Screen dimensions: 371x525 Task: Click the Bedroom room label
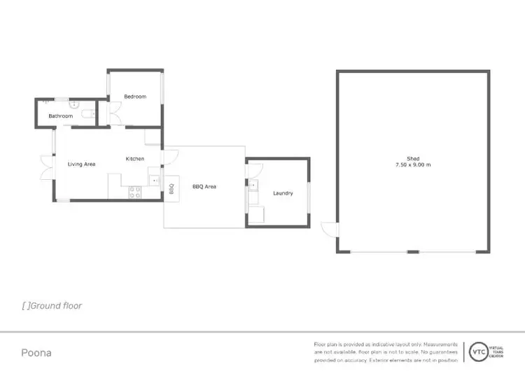(x=135, y=97)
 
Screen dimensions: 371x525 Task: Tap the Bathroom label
(x=60, y=116)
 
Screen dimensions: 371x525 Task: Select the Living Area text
(x=81, y=164)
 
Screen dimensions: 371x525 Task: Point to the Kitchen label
(x=135, y=159)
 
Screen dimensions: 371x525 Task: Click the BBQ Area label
(x=204, y=187)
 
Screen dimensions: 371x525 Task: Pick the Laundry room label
(x=283, y=193)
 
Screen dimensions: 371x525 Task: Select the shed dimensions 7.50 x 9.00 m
(x=412, y=165)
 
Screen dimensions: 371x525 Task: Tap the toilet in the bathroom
(x=86, y=115)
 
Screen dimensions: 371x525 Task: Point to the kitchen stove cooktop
(x=136, y=190)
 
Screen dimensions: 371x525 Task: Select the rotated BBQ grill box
(x=171, y=189)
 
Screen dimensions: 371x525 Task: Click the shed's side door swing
(x=328, y=229)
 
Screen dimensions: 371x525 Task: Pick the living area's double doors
(x=46, y=165)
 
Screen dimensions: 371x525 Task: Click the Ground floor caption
(x=52, y=306)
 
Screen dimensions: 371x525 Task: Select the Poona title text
(x=36, y=353)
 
